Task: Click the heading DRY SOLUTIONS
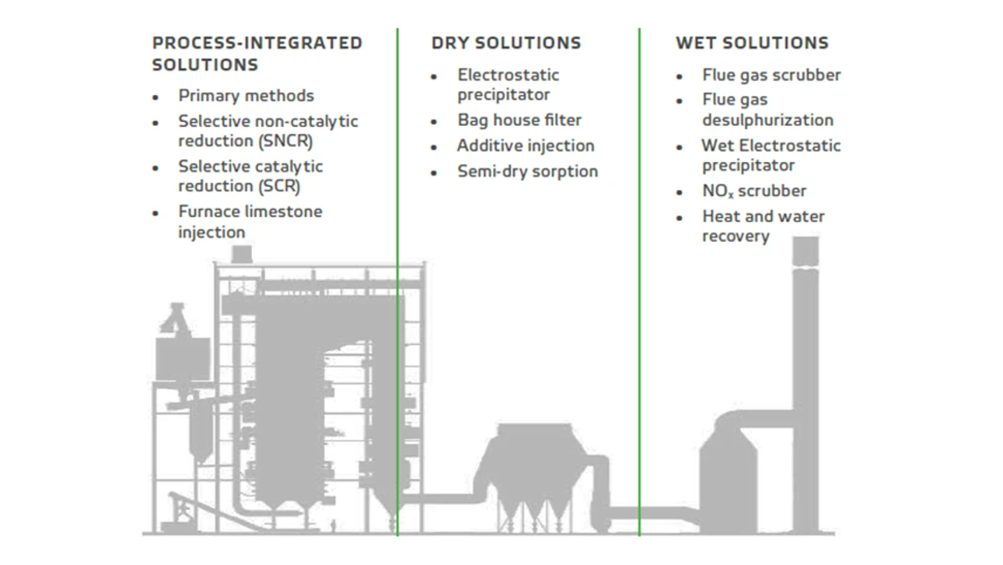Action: (506, 43)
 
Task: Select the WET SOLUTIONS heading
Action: (753, 43)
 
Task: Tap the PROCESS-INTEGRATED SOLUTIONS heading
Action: (257, 54)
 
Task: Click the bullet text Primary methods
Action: (246, 96)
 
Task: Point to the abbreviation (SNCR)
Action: (285, 141)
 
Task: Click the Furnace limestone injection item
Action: (250, 222)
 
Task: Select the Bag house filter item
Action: (519, 120)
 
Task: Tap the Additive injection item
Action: (526, 146)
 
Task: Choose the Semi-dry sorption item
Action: (527, 171)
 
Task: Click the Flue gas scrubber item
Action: (771, 75)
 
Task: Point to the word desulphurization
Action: (768, 120)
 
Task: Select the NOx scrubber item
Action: (754, 191)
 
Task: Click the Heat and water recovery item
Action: (764, 226)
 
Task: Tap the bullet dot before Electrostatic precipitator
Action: (433, 76)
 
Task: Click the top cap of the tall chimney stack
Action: (806, 251)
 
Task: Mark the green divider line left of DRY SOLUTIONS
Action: (397, 282)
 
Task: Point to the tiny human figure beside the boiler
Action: (333, 526)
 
